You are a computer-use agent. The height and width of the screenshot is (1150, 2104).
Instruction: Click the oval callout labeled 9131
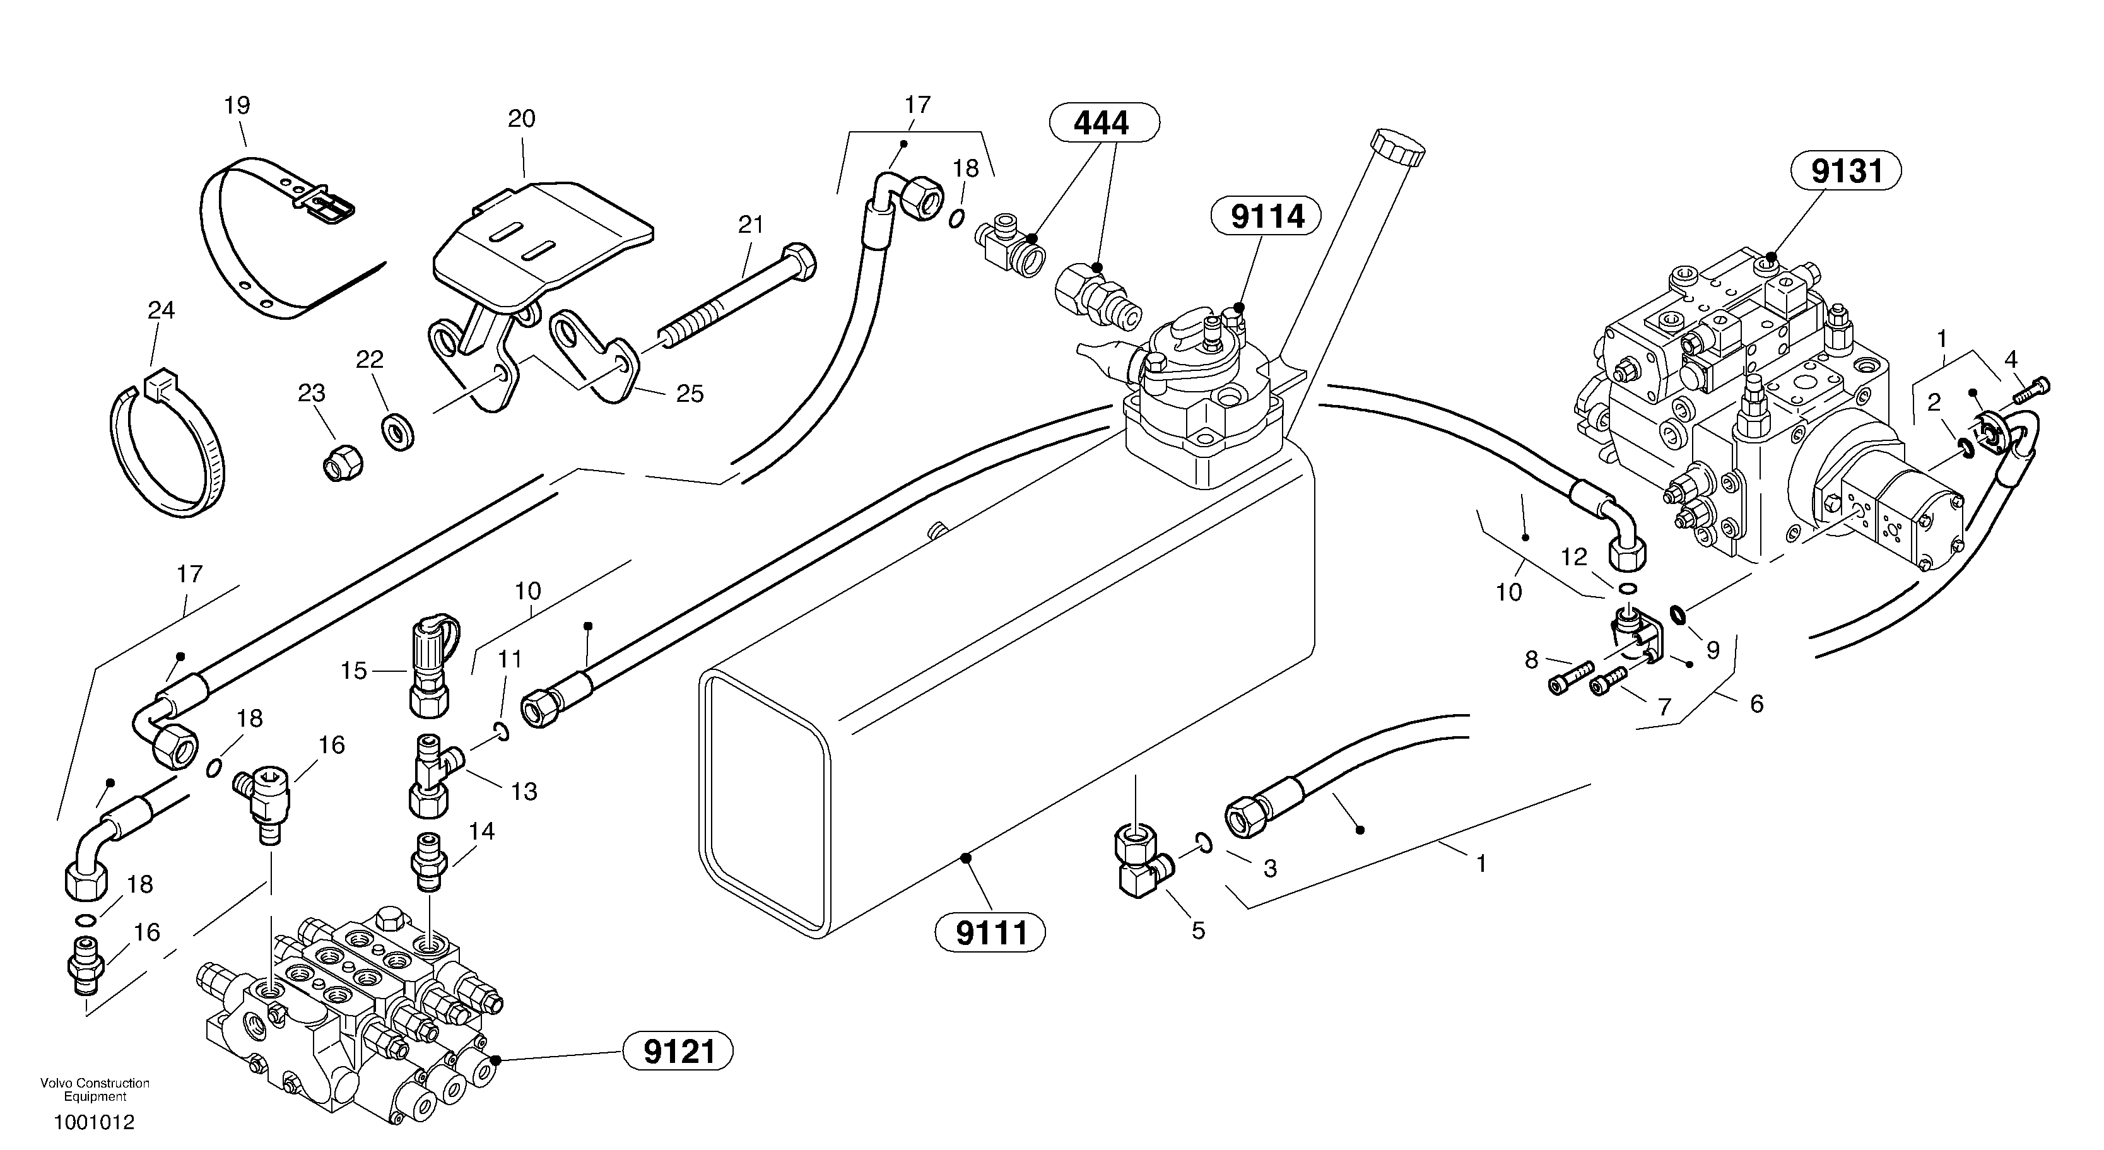[1846, 172]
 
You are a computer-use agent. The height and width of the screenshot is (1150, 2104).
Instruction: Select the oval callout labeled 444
[1103, 122]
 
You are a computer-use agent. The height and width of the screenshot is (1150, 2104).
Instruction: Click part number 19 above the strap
[237, 105]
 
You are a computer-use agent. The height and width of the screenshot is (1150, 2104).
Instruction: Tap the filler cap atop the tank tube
[1398, 147]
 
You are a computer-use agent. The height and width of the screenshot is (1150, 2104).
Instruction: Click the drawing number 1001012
[94, 1122]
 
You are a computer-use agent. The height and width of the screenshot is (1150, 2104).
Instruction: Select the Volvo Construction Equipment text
[95, 1089]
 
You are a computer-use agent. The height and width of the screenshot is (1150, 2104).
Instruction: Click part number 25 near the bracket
[690, 394]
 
